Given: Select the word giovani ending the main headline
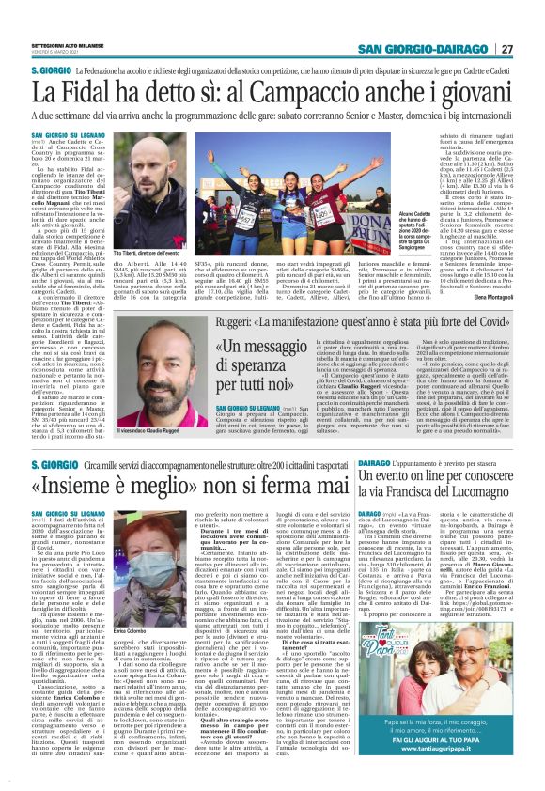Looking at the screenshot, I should pos(483,93).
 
